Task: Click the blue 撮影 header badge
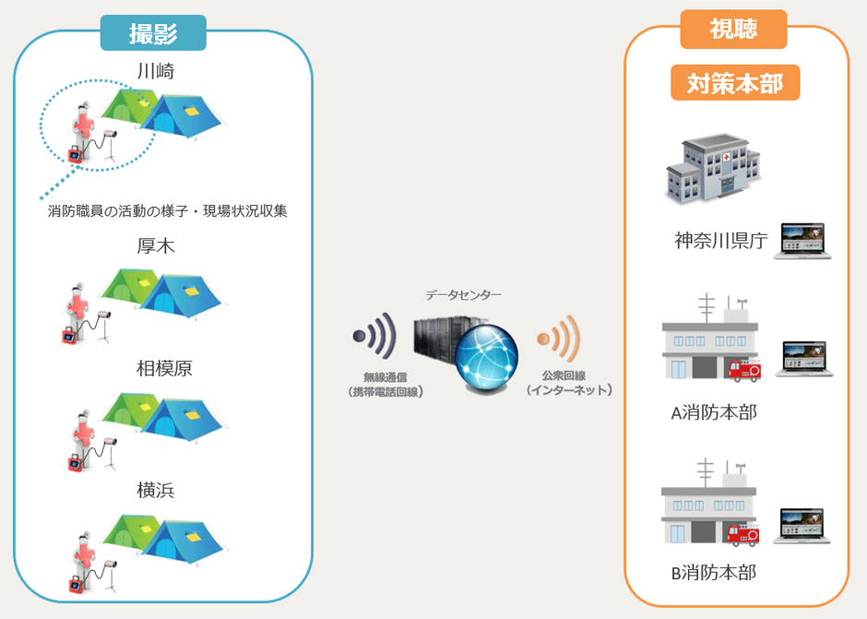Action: pyautogui.click(x=153, y=32)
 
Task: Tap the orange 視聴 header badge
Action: pyautogui.click(x=733, y=30)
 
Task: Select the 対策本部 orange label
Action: pyautogui.click(x=734, y=83)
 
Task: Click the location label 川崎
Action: pyautogui.click(x=155, y=71)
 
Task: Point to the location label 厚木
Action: pyautogui.click(x=155, y=247)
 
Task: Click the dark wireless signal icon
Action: pyautogui.click(x=373, y=339)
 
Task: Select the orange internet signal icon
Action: pyautogui.click(x=558, y=340)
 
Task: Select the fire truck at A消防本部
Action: pyautogui.click(x=744, y=370)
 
